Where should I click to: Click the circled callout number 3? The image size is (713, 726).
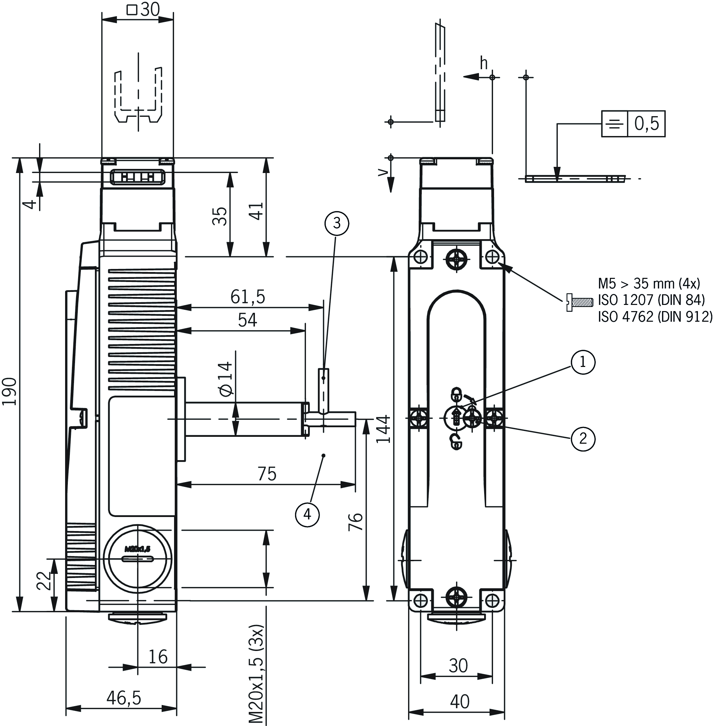click(337, 223)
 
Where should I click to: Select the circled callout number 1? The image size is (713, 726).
click(583, 362)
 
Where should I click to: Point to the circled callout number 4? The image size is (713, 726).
click(307, 515)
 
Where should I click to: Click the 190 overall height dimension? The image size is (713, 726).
click(9, 392)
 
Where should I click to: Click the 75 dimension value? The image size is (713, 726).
click(267, 474)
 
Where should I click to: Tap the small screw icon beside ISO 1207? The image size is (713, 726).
click(579, 302)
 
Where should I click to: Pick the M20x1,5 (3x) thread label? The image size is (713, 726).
click(257, 674)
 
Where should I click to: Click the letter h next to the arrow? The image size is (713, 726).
click(484, 64)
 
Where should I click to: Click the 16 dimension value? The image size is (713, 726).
click(158, 657)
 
